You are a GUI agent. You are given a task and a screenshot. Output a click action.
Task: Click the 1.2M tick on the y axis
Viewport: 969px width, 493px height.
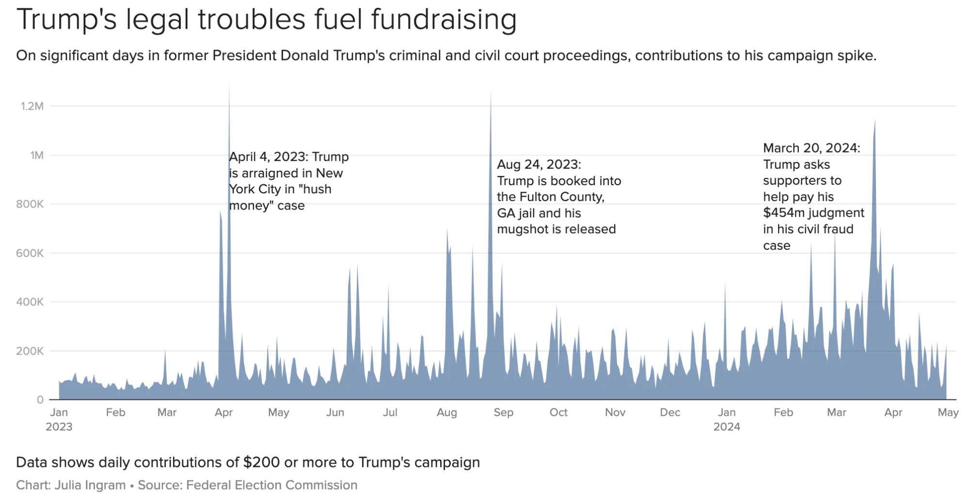click(x=32, y=106)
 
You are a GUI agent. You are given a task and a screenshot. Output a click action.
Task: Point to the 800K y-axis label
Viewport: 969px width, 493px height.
click(x=30, y=204)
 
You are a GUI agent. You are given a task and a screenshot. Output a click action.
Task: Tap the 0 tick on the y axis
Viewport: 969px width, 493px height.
click(x=40, y=400)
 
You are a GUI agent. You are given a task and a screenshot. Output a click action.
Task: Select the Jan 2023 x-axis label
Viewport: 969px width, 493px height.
click(x=59, y=419)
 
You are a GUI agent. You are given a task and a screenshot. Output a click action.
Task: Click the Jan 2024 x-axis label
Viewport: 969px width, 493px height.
click(x=727, y=419)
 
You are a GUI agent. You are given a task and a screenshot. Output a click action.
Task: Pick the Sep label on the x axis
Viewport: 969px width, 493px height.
click(x=503, y=413)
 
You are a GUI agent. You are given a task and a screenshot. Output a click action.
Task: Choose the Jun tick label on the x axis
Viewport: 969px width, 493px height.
click(x=335, y=413)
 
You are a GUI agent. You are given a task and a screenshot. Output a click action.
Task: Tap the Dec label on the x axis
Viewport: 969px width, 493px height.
click(x=670, y=413)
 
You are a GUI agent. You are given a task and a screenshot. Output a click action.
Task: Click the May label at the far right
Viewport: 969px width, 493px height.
click(x=948, y=413)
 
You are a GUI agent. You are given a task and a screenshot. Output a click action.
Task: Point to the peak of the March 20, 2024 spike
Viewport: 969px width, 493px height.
click(x=875, y=120)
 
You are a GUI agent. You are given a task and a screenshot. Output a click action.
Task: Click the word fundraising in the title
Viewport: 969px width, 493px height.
click(x=444, y=20)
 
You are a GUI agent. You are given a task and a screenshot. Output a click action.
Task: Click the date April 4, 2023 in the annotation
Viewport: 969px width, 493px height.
click(x=268, y=157)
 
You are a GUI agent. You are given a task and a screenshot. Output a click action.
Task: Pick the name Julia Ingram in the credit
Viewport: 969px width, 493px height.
click(x=90, y=485)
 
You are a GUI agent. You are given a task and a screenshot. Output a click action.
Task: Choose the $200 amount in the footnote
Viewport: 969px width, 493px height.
click(x=261, y=462)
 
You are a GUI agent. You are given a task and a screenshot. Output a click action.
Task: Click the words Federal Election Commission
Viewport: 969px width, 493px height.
click(x=271, y=485)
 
